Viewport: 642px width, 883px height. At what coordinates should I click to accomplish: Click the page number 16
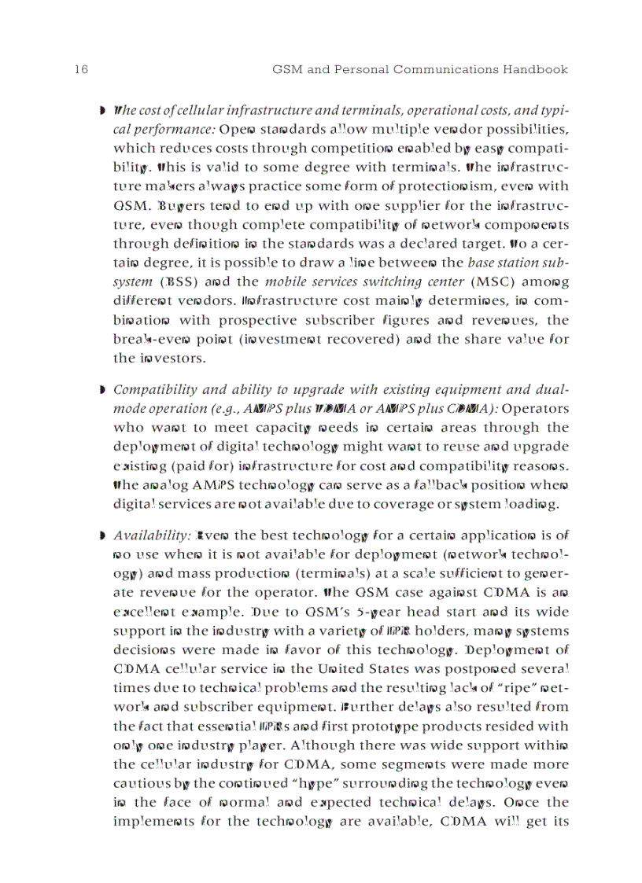(81, 69)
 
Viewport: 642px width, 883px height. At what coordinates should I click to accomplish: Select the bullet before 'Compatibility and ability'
(103, 390)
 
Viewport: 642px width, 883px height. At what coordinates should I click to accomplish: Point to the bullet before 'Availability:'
(103, 536)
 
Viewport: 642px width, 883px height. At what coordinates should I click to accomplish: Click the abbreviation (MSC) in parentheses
(493, 281)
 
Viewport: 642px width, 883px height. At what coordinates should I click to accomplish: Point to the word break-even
(147, 339)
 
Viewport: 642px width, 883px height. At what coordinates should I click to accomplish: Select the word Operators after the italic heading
(534, 409)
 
